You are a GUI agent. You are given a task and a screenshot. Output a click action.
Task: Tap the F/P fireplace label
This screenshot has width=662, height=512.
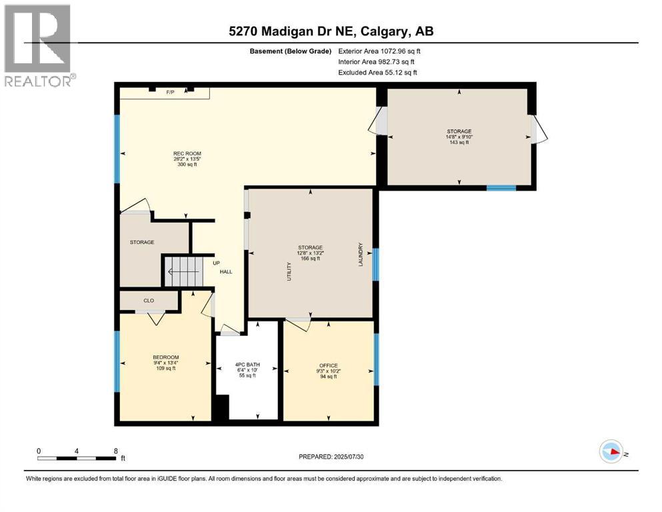(x=170, y=93)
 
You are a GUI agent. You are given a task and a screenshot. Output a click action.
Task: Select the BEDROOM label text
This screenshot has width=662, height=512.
(x=165, y=357)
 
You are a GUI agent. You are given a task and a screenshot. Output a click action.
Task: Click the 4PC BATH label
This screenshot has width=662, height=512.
(x=247, y=365)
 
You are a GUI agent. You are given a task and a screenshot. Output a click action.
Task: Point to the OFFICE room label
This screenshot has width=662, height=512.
(x=327, y=365)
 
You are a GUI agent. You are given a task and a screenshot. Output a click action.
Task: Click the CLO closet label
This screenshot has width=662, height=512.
(x=149, y=301)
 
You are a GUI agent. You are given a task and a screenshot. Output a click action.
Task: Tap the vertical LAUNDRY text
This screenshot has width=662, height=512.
(x=361, y=254)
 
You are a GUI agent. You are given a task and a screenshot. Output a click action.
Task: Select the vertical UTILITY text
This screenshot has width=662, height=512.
(x=289, y=271)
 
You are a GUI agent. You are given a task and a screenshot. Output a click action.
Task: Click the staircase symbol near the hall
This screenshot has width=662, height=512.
(x=183, y=271)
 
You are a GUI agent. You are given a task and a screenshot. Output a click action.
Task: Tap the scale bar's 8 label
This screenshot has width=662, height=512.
(x=116, y=451)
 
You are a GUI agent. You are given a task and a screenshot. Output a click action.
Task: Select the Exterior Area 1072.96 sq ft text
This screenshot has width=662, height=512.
(x=379, y=51)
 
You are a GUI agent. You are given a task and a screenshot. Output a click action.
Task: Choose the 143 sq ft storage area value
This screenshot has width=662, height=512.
(x=459, y=142)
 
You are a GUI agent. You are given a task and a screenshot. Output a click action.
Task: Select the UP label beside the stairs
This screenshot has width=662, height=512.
(x=217, y=263)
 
